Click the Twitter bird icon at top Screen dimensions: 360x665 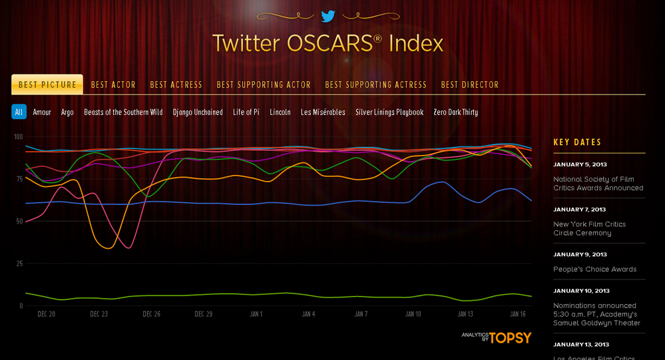[x=328, y=16]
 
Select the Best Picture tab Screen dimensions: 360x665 [x=47, y=85]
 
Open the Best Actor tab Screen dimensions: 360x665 [x=113, y=85]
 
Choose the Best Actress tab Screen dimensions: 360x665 [x=176, y=85]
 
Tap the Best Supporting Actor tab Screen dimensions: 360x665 [x=264, y=85]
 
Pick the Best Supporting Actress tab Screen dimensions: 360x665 [x=375, y=85]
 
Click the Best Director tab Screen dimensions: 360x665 [x=469, y=85]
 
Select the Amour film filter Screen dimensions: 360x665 [x=42, y=112]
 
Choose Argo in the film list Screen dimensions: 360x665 [x=67, y=112]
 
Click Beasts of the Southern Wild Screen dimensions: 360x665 [x=123, y=112]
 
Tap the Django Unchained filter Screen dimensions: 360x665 [x=198, y=112]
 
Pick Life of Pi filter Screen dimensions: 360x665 [x=246, y=112]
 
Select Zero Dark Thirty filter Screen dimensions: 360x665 [x=455, y=112]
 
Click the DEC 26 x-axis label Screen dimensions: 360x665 [x=151, y=314]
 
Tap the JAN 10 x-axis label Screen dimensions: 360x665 [x=413, y=314]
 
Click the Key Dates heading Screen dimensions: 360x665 [x=577, y=142]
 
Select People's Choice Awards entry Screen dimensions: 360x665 [x=594, y=269]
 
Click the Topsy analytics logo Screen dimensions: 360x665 [x=497, y=337]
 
